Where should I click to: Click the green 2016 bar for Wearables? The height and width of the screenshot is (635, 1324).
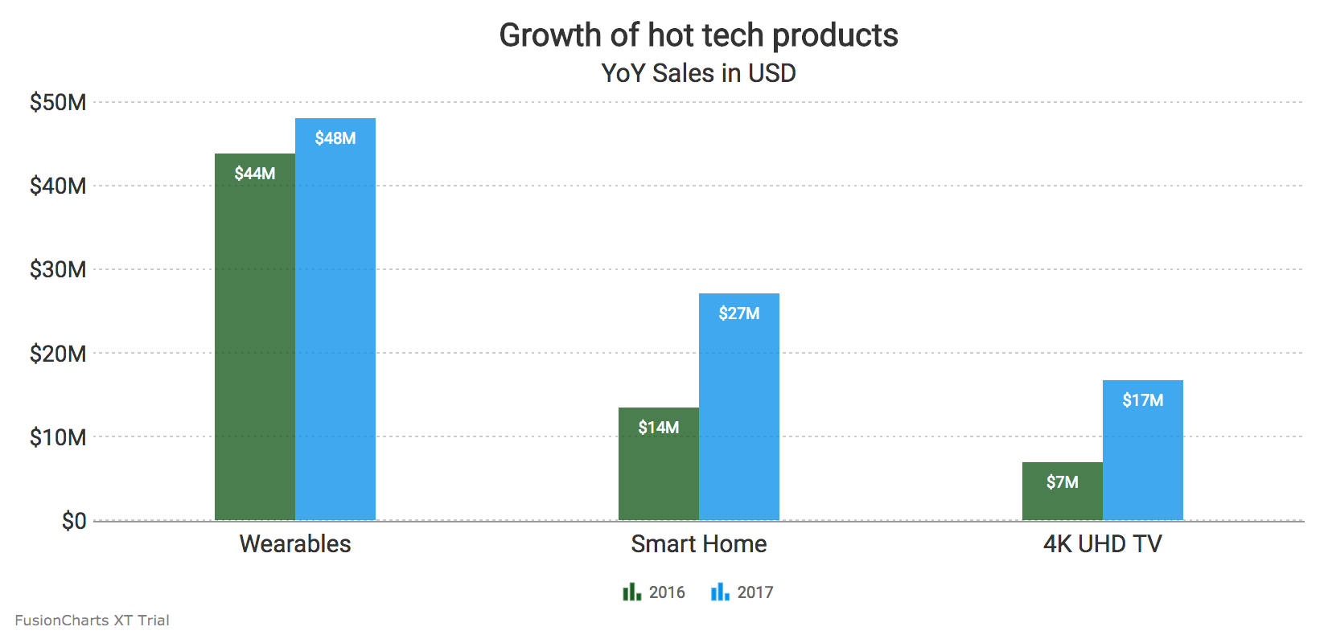point(254,338)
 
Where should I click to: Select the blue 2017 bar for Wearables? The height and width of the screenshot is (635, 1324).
point(335,322)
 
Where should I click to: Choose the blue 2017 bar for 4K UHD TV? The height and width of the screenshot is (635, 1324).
point(1142,458)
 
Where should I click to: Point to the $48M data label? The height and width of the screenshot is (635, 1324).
point(335,138)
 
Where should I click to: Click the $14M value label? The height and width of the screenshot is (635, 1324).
point(658,428)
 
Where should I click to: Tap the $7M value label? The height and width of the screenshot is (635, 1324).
point(1062,482)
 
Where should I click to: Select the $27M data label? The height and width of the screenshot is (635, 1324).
point(738,313)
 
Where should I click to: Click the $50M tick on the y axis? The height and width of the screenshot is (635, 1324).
point(58,102)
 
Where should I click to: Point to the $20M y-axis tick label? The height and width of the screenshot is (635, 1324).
point(58,354)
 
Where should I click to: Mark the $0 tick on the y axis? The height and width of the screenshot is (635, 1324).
point(73,521)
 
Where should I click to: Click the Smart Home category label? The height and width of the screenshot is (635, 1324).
point(698,544)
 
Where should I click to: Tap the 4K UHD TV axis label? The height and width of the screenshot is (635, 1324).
point(1102,544)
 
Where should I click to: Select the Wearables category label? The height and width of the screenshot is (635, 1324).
point(295,544)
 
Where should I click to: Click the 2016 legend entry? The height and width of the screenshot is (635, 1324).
point(654,592)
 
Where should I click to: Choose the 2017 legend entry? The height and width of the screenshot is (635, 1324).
point(742,592)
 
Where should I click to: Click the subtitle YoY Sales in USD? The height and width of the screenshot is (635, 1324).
point(698,73)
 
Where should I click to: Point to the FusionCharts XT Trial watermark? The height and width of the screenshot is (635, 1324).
point(92,621)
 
